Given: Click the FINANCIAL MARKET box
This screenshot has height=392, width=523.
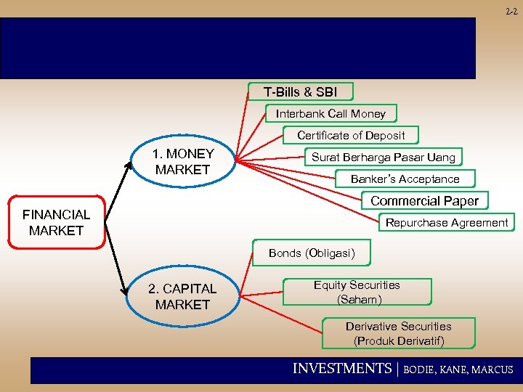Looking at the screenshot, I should (x=57, y=222).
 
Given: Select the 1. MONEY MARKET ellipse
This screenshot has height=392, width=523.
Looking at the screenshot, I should (x=183, y=162).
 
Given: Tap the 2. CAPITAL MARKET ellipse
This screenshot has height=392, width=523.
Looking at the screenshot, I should (x=182, y=296).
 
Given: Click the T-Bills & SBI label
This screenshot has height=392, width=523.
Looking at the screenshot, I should (x=300, y=92).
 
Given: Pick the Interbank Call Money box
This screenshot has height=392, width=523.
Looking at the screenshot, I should (x=331, y=113).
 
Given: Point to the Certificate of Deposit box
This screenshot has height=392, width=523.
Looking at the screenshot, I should (x=351, y=135).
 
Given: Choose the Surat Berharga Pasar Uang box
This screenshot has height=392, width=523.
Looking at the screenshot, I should (x=384, y=157).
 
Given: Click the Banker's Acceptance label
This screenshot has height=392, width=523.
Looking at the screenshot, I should (x=405, y=179).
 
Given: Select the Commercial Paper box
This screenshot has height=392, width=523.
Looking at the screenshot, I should (x=424, y=200).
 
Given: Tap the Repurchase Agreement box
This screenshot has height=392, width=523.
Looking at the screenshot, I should (x=447, y=223).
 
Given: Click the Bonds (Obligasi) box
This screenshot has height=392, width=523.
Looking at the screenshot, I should (x=312, y=253).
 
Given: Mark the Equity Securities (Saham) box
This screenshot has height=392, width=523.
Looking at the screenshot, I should (x=357, y=292).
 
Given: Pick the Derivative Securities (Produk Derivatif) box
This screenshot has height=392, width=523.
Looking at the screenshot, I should (x=398, y=333).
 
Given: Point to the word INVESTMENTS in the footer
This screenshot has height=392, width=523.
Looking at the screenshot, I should (x=341, y=369).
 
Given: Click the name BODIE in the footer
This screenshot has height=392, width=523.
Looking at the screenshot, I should (x=421, y=369).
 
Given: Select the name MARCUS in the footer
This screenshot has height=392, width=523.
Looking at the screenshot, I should (x=492, y=369).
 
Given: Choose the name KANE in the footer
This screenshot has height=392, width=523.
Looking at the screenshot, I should (x=455, y=369).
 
